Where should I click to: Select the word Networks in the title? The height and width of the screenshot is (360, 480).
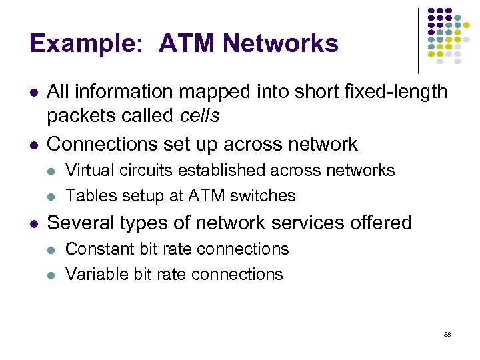[281, 44]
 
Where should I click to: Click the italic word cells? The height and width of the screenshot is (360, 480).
[199, 115]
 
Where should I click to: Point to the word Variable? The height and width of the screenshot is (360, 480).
[91, 274]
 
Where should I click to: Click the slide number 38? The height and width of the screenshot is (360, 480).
[447, 334]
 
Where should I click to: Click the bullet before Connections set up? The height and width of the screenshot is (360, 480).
[33, 145]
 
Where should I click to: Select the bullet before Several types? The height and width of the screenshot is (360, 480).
[33, 223]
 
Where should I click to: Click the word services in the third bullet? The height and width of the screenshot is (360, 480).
[317, 223]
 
